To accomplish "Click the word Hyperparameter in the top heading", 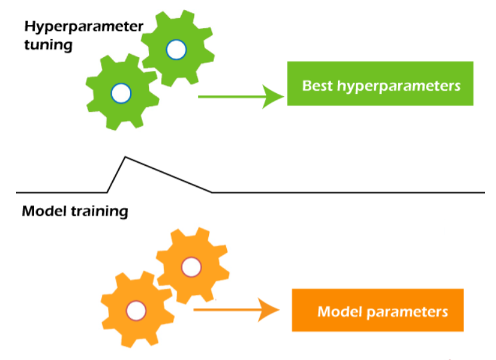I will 84,27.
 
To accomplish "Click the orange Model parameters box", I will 378,310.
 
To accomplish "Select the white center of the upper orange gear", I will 190,266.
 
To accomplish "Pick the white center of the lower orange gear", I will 136,309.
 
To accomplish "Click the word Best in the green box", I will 317,85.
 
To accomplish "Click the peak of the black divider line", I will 125,157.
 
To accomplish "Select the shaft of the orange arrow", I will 226,308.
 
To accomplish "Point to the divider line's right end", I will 484,192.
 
